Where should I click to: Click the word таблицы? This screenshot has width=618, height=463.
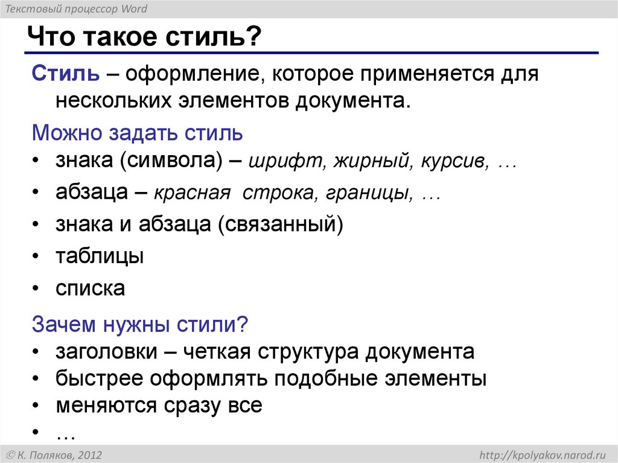coord(100,257)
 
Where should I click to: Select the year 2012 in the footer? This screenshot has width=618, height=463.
coord(89,455)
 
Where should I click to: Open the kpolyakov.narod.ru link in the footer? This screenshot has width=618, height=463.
coord(542,455)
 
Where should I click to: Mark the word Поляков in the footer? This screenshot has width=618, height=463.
coord(52,455)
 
